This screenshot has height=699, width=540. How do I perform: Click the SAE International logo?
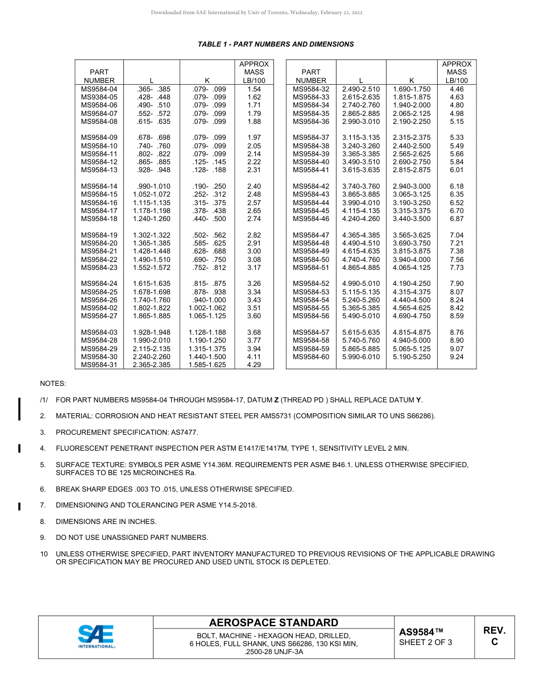tap(96, 637)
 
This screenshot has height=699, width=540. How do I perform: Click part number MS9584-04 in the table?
tap(99, 89)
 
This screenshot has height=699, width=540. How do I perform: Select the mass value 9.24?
tap(456, 357)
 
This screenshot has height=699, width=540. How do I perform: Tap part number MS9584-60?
tap(311, 357)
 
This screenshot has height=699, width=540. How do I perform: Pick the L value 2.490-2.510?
tap(361, 89)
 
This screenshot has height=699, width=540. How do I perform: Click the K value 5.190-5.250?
tap(412, 357)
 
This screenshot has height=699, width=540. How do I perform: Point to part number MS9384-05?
tap(99, 97)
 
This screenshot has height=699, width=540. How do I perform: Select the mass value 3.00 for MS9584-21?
tap(254, 251)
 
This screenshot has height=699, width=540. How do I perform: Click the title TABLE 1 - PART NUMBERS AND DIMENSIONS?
tap(276, 44)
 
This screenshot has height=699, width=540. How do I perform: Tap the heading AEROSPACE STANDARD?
tap(273, 623)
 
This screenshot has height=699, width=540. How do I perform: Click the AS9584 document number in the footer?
tap(421, 632)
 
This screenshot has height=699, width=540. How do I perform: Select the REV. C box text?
tap(494, 636)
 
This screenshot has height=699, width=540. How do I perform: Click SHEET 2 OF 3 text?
tap(426, 643)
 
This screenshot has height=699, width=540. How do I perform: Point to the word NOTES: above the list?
tap(53, 384)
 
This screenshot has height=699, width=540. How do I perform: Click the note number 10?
tap(44, 554)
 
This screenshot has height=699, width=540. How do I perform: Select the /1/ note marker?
tap(44, 400)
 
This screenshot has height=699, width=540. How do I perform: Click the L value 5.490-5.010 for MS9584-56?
tap(361, 316)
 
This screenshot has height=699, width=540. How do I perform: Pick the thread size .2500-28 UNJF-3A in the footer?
tap(273, 652)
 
